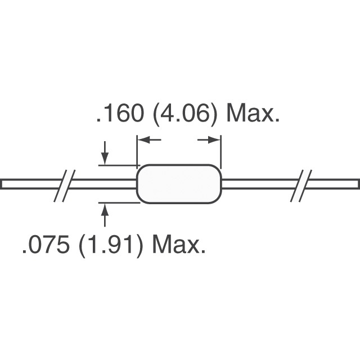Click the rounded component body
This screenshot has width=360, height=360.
click(x=179, y=184)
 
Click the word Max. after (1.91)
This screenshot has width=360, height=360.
click(x=179, y=245)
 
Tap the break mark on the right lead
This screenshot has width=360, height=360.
click(x=302, y=184)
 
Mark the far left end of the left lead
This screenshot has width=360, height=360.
click(x=3, y=184)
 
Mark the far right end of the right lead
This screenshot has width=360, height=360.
click(x=357, y=184)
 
